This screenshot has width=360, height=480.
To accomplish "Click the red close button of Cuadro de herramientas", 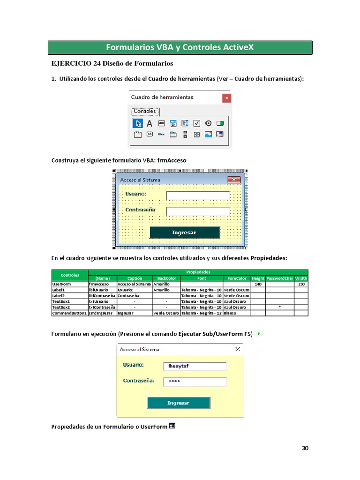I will pos(226,98).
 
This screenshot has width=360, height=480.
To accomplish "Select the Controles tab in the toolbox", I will pos(145,112).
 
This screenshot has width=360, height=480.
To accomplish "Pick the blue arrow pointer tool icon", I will pos(138,123).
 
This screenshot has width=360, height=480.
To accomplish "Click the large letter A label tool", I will pos(150,123).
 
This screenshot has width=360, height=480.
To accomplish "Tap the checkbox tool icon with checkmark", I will pos(197,123).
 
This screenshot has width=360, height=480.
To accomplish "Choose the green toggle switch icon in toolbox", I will pos(220,123).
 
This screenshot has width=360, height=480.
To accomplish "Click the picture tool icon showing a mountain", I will pos(208,134).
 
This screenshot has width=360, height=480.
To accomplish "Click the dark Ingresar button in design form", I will pos(184,232).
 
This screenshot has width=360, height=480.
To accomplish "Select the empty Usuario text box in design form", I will pos(198,195).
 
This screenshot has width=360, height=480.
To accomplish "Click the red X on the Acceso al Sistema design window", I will pos(233,180).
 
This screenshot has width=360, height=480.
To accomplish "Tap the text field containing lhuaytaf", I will pos(195,366).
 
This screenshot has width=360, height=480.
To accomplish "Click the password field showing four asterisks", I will pos(195,382).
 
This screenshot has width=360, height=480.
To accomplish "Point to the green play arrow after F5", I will pos(259,334).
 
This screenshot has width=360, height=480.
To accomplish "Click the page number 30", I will pos(305,448).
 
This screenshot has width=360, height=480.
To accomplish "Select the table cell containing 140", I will pos(258,284).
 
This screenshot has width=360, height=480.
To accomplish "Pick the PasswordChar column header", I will pos(279,278).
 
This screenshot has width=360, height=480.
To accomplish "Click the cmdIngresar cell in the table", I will pos(102,313).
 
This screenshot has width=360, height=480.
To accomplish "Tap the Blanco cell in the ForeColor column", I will pos(237,313).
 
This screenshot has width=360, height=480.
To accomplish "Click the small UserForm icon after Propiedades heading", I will pos(172,426).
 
